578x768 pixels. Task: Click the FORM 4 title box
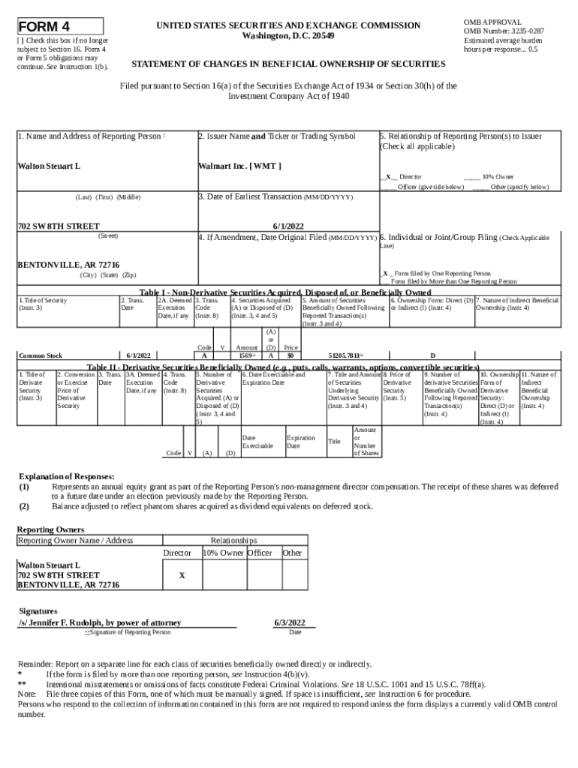(60, 27)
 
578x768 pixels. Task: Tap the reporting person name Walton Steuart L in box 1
(49, 165)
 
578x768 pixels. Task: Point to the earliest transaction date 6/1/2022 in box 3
(287, 225)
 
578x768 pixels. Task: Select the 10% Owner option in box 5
(498, 177)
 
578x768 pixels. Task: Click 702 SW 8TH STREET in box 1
(58, 225)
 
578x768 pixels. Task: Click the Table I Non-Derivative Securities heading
(285, 292)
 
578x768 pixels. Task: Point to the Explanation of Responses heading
(66, 476)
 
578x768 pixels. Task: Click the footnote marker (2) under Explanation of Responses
(24, 505)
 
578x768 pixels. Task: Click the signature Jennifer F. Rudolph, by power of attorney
(99, 622)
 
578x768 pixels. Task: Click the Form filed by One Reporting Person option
(439, 274)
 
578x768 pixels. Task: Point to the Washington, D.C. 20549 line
(288, 36)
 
